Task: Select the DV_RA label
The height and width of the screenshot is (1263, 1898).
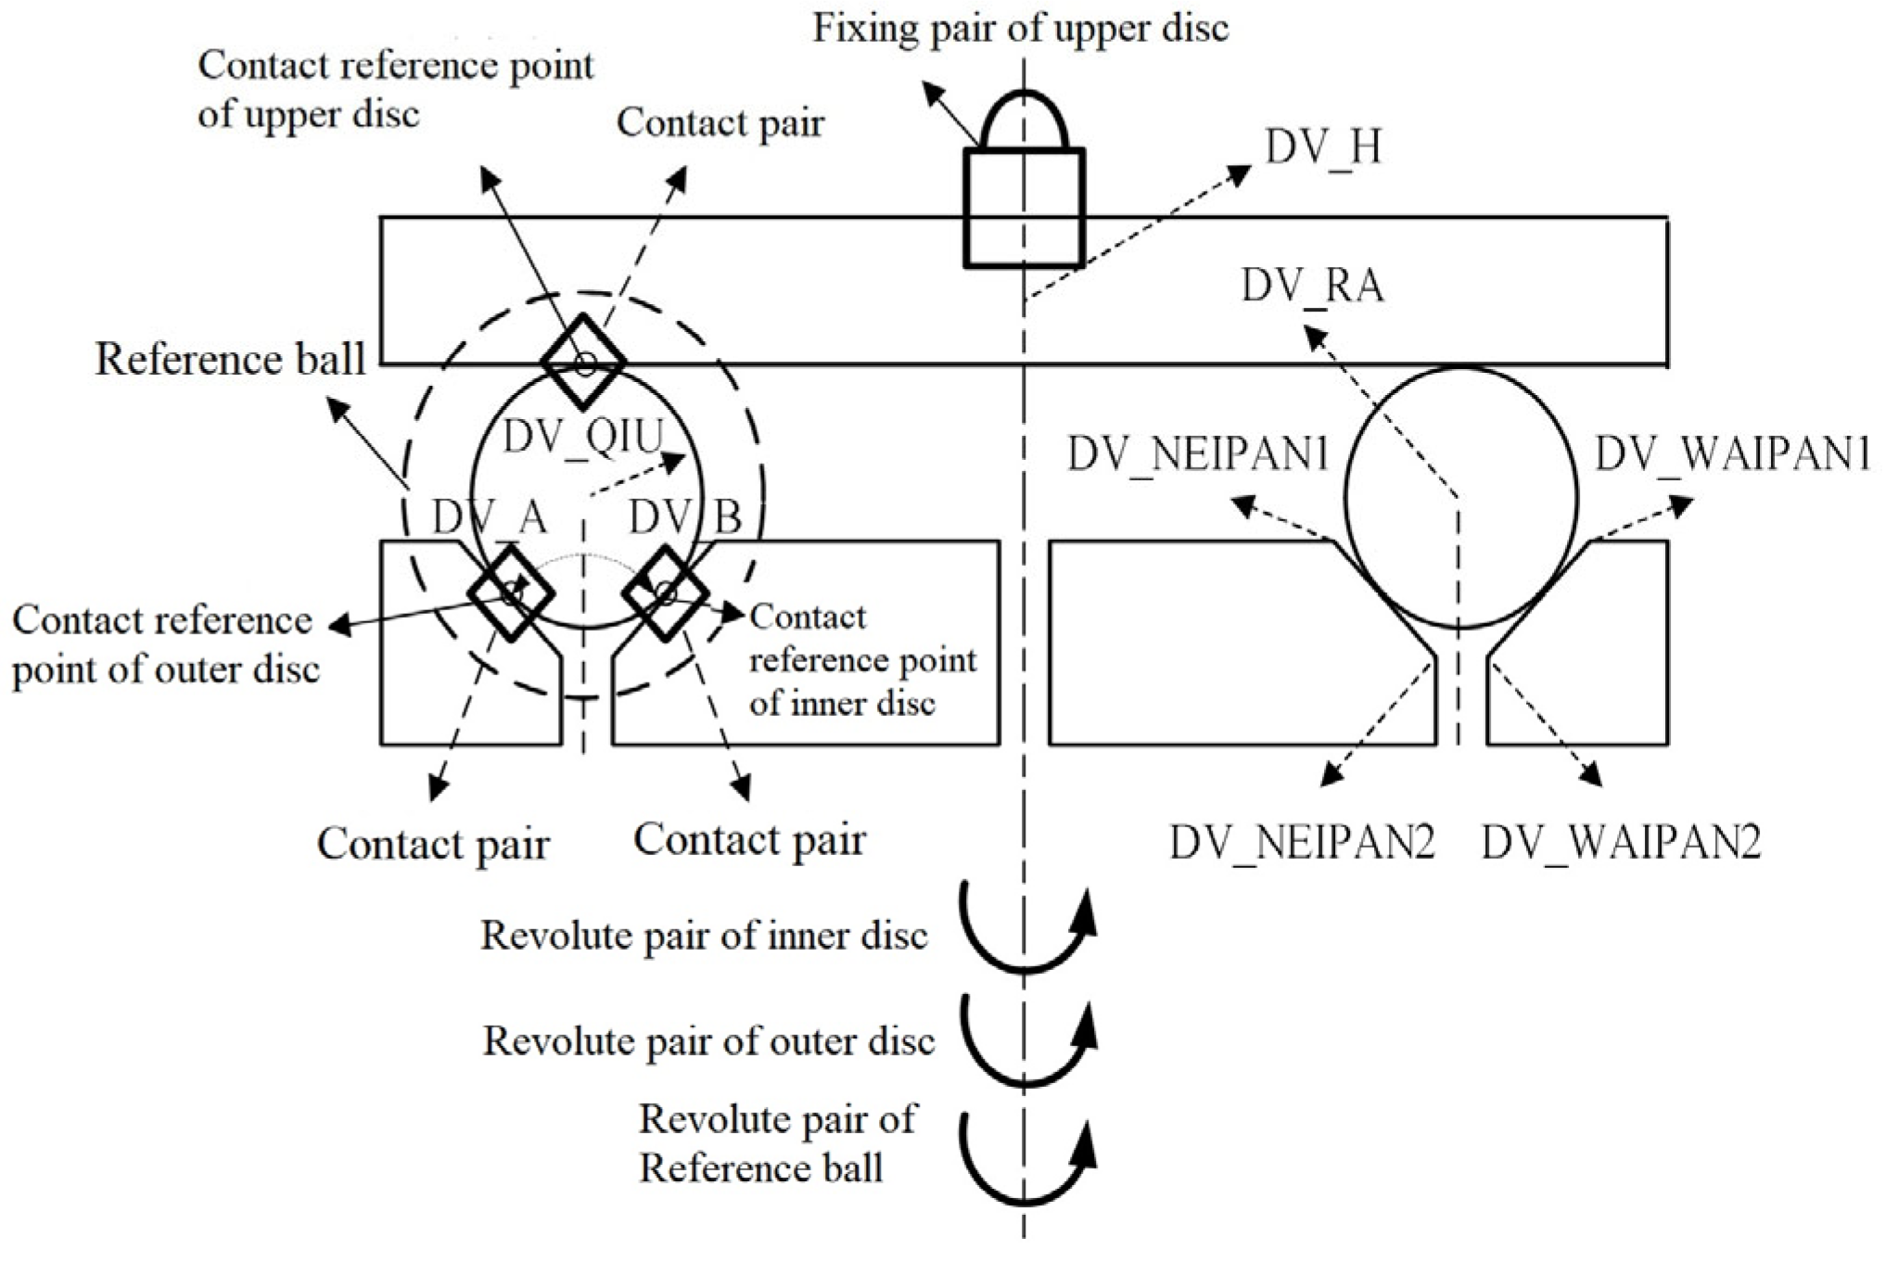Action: click(x=1312, y=286)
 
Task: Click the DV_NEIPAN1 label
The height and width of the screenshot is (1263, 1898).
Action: click(x=1198, y=455)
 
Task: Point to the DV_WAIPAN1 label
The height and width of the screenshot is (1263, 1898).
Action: click(x=1732, y=455)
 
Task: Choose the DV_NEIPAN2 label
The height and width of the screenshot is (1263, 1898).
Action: click(x=1302, y=842)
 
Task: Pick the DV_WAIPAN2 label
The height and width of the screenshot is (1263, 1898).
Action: click(x=1621, y=842)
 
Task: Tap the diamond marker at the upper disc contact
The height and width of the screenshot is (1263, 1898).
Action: click(x=583, y=362)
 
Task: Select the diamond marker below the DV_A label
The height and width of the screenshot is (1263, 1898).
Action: click(x=511, y=592)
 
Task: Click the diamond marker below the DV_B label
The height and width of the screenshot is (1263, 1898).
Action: click(x=665, y=592)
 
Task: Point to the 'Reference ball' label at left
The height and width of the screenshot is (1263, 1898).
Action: click(x=231, y=360)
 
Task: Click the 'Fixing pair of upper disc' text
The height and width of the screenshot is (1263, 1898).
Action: click(x=1021, y=28)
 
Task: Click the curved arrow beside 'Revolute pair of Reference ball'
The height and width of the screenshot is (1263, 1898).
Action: click(x=1025, y=1159)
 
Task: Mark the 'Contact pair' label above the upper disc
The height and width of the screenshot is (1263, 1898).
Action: click(x=720, y=122)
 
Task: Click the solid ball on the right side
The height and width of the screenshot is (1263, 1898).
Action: click(x=1460, y=498)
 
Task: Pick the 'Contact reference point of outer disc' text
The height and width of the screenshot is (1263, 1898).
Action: click(x=164, y=644)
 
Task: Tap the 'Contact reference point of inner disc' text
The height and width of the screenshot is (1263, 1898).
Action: click(x=862, y=659)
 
